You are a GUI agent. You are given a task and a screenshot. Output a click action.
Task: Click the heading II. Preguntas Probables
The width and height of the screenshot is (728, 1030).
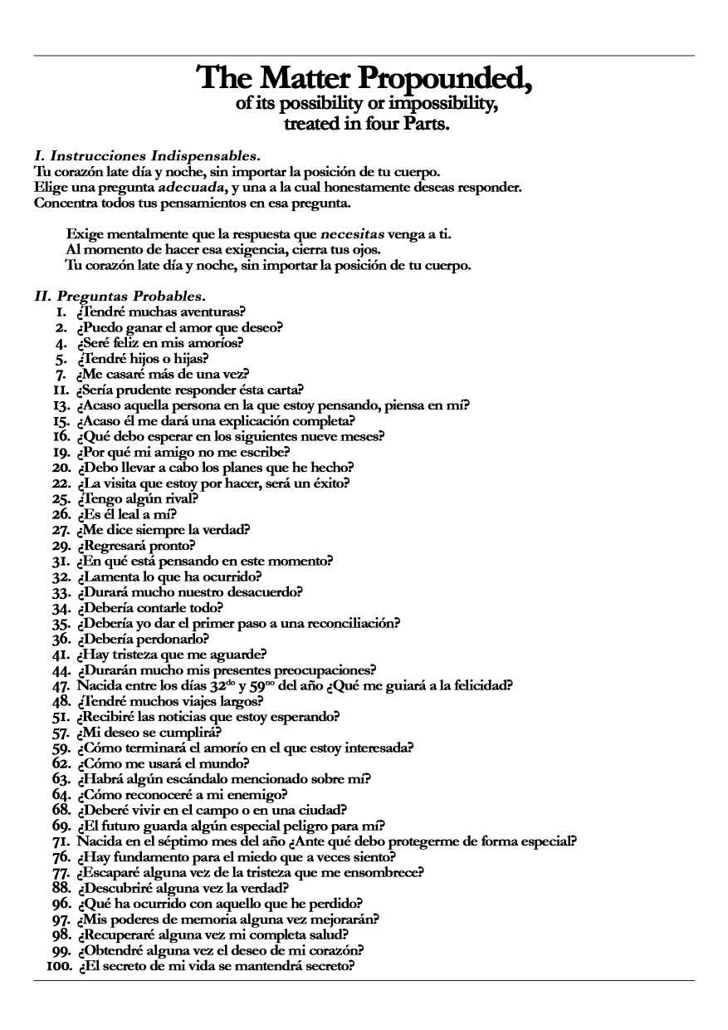120,296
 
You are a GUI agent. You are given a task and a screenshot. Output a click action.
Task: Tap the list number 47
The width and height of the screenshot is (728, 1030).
60,685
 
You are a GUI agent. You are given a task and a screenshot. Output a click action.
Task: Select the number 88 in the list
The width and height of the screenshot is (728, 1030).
60,888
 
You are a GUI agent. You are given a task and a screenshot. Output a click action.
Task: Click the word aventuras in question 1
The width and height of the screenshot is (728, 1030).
213,311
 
